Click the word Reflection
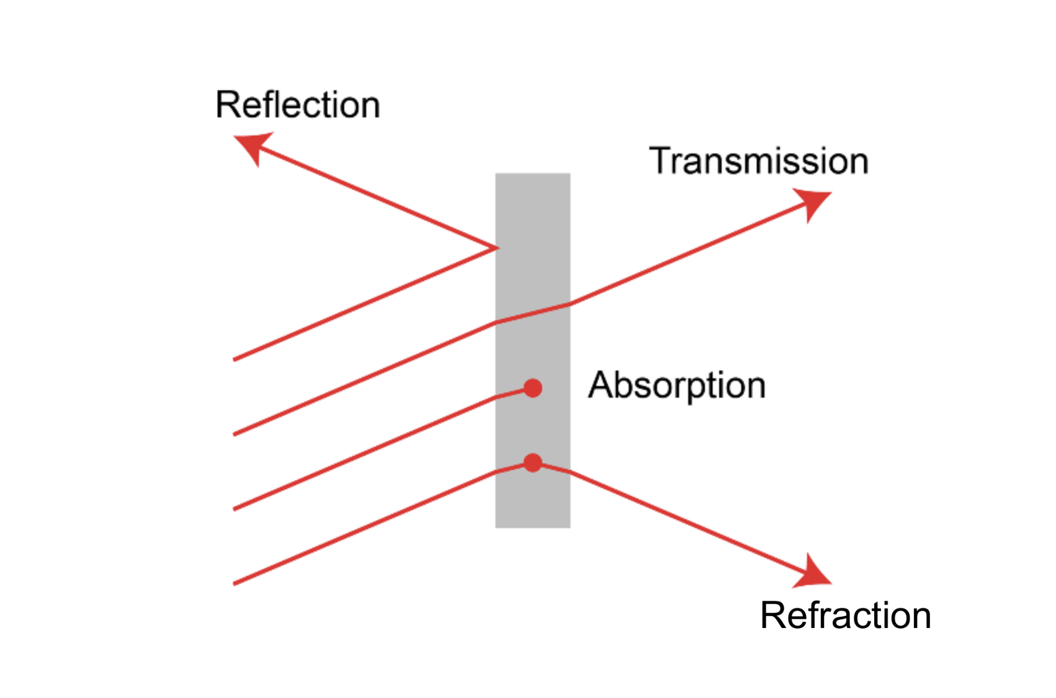point(298,105)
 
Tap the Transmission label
point(758,161)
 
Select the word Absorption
point(676,386)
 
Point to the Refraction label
point(845,616)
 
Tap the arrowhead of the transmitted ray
point(815,202)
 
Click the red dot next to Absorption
point(532,388)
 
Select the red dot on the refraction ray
point(532,462)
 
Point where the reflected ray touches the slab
point(496,248)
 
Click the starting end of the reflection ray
point(235,359)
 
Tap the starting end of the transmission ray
point(235,434)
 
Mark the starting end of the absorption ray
point(235,509)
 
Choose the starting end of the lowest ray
point(235,583)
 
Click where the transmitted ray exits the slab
point(570,304)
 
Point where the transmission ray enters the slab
point(496,322)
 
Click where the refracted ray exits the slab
point(570,472)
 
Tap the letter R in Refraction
point(773,616)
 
